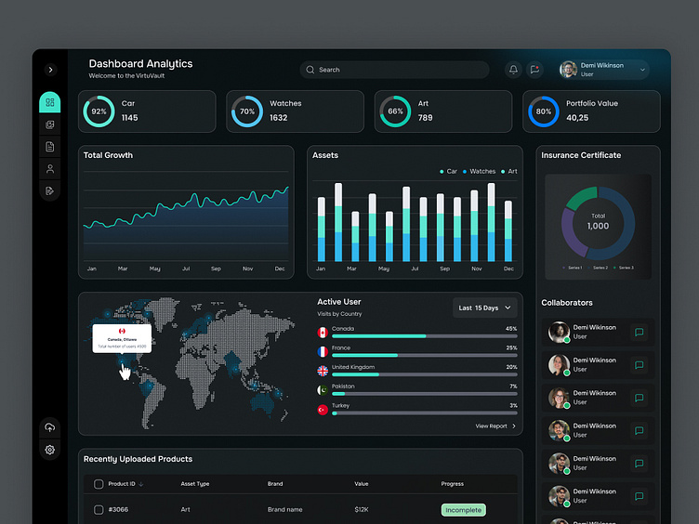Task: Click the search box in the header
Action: pos(394,70)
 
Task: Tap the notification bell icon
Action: pos(513,70)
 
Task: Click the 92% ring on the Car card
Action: pos(99,111)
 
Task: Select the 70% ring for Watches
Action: pos(247,111)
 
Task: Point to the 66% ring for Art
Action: pos(395,111)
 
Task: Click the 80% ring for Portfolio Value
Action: pos(544,111)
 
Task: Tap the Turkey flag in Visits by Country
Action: pos(323,410)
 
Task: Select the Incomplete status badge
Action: pos(463,510)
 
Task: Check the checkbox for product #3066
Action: pos(99,510)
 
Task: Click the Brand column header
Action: pos(275,484)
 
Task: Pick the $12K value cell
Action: pos(362,510)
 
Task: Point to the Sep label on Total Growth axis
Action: pos(216,269)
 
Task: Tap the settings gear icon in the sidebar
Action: pos(50,451)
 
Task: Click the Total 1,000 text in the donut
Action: pos(598,221)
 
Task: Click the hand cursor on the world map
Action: pos(125,370)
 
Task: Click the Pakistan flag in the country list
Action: pos(323,390)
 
